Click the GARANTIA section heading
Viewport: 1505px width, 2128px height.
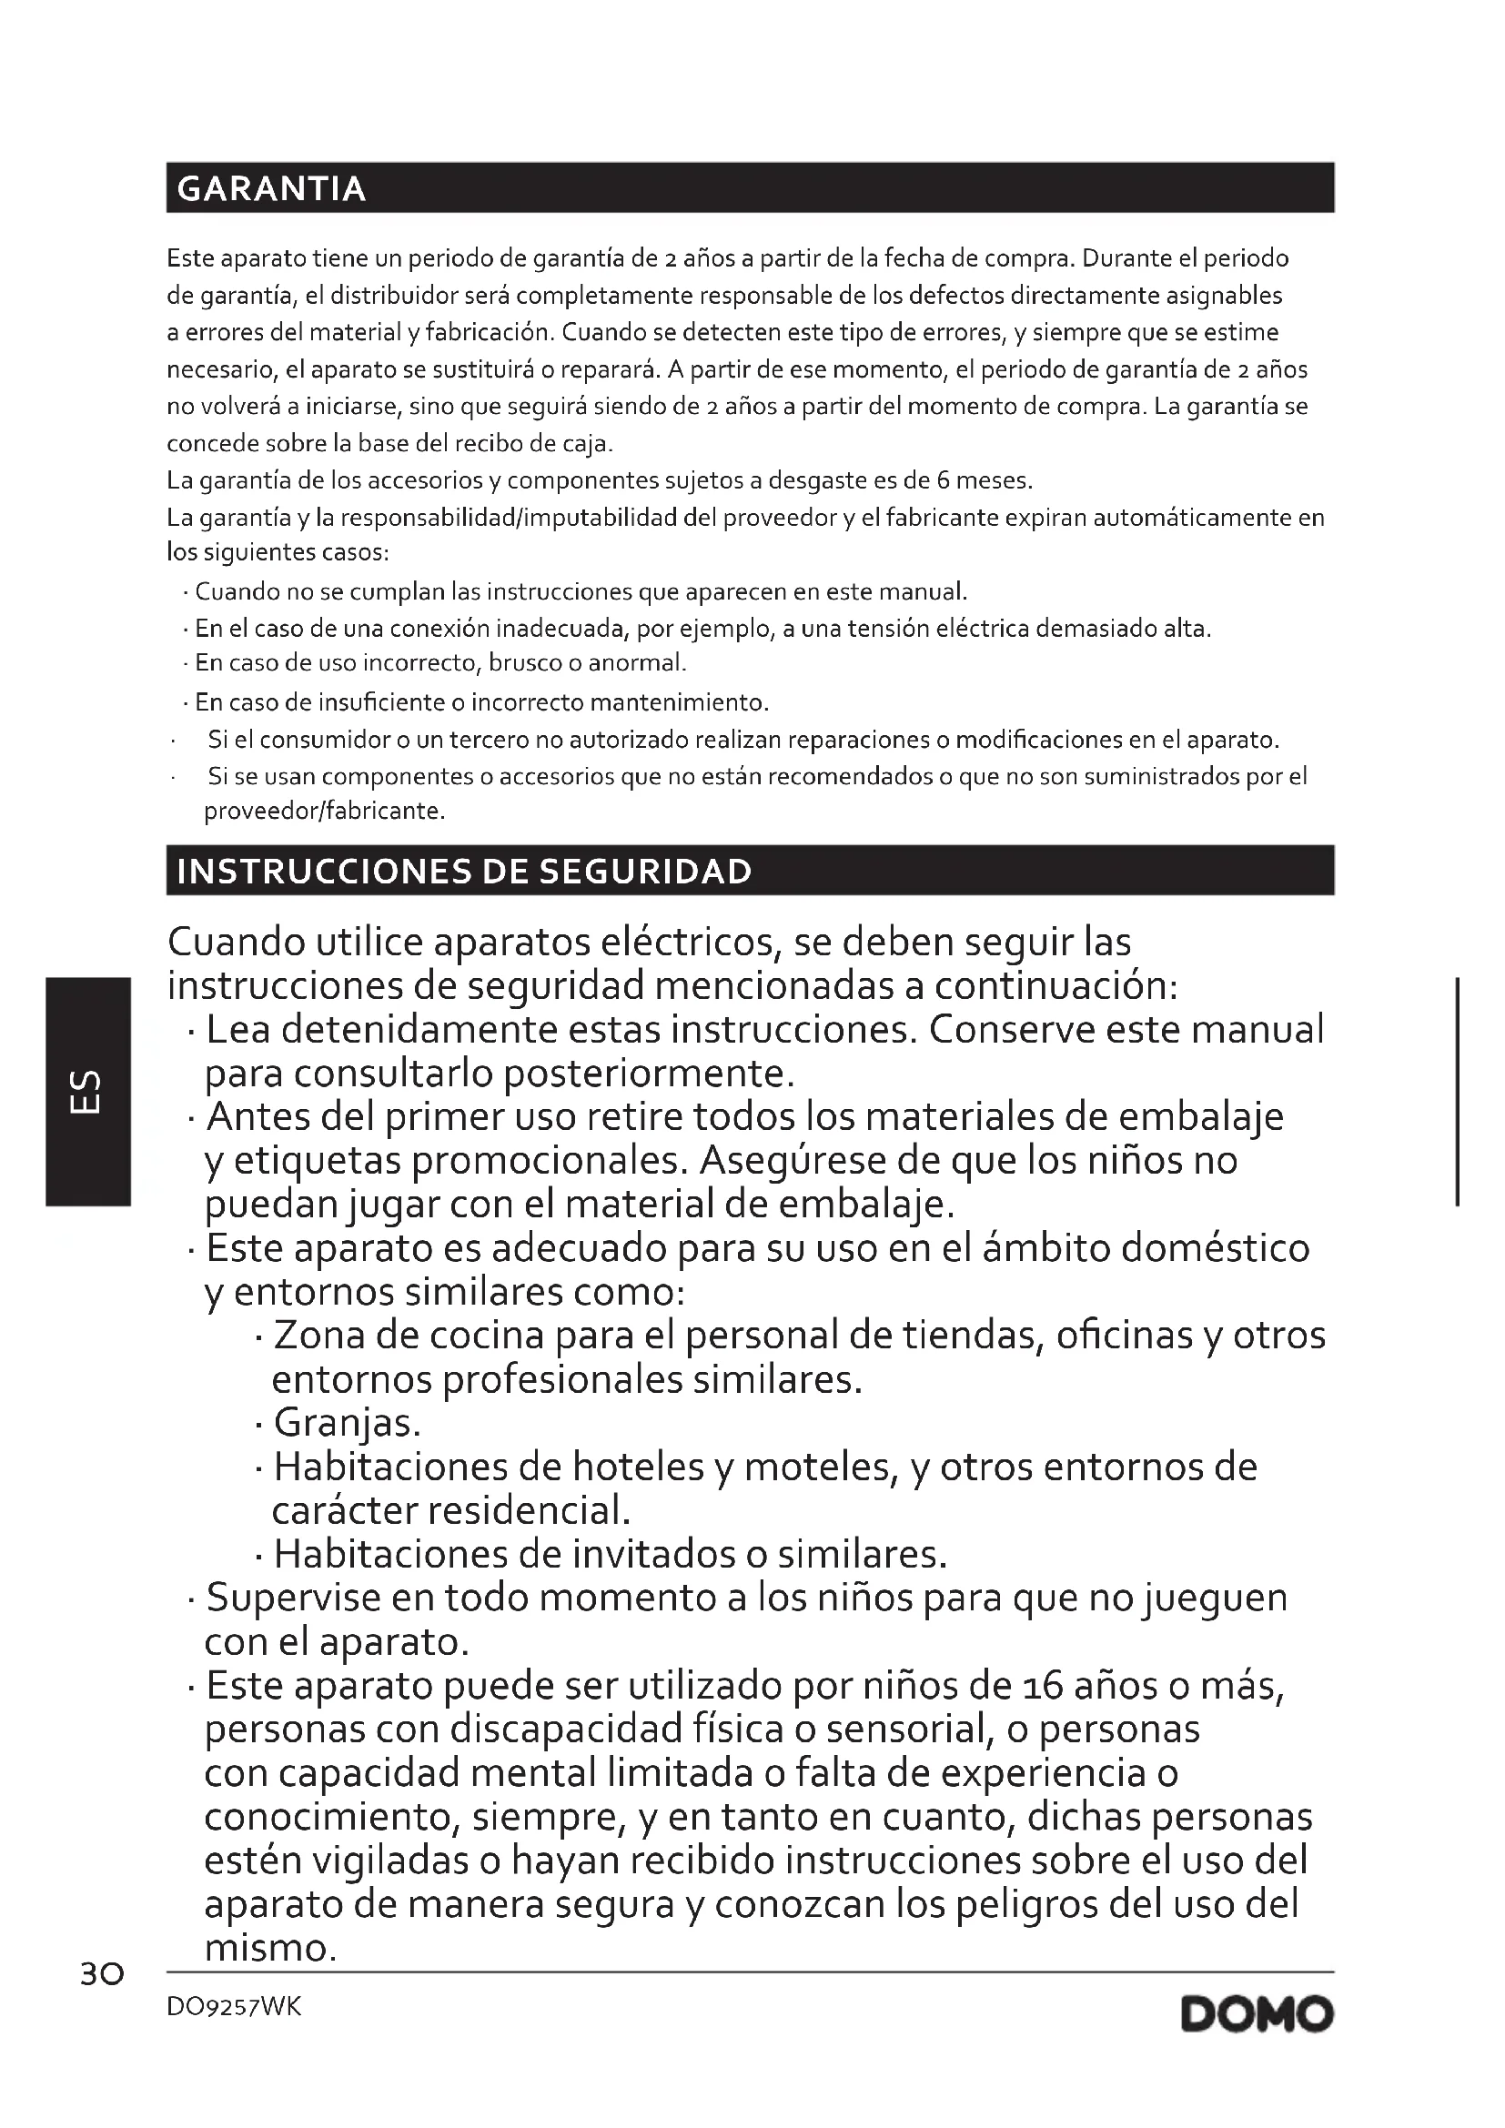pos(271,189)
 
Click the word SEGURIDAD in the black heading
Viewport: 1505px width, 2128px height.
pos(645,872)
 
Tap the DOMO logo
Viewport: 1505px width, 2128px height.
pos(1258,2014)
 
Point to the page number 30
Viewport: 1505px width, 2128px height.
pos(101,1974)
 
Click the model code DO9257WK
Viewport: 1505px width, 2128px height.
pos(235,2007)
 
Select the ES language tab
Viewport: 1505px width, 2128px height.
pos(86,1091)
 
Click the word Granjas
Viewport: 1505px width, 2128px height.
pos(347,1423)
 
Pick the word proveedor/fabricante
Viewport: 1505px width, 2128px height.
pos(324,811)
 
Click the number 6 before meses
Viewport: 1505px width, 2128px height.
pos(944,480)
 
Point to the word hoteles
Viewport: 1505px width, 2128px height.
pos(638,1467)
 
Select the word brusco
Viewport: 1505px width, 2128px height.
pos(523,662)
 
